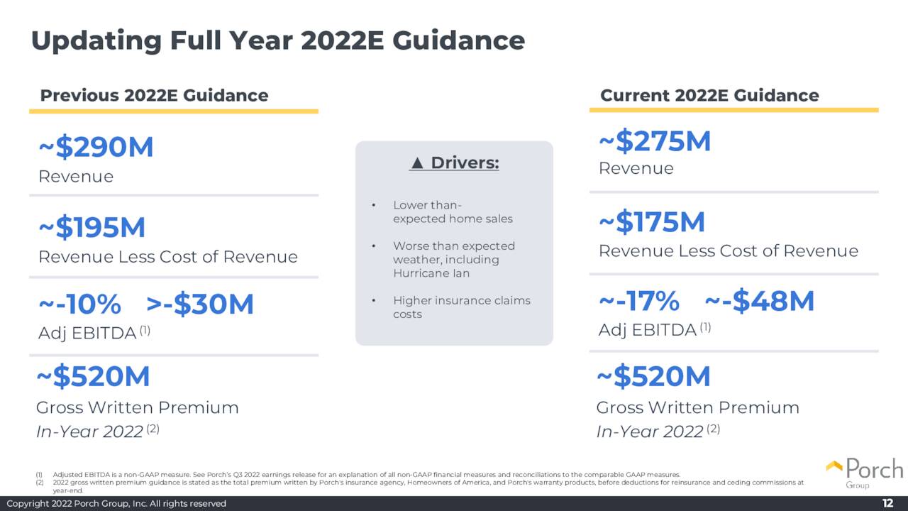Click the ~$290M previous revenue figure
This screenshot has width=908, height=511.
click(96, 148)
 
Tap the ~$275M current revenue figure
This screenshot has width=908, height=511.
click(655, 141)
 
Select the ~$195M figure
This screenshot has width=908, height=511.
click(92, 228)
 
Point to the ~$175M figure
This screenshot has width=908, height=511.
click(652, 223)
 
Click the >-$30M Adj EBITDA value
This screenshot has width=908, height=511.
click(200, 304)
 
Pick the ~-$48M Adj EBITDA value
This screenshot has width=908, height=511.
click(760, 302)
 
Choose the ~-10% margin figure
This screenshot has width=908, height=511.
click(79, 304)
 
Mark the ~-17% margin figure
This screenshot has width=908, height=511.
click(639, 302)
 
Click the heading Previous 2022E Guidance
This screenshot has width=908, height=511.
click(154, 95)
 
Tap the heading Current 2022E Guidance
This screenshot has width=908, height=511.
click(709, 95)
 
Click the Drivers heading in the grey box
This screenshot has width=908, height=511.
click(465, 163)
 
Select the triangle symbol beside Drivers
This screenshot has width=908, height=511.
click(417, 163)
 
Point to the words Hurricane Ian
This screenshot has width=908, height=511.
click(431, 273)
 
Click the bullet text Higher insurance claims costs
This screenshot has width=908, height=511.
click(461, 307)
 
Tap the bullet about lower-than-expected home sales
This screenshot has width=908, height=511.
click(453, 212)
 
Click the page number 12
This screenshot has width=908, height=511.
click(887, 503)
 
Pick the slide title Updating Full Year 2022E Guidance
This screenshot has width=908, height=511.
click(278, 40)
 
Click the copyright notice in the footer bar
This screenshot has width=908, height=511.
click(116, 503)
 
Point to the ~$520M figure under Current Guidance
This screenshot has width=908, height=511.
click(653, 377)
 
